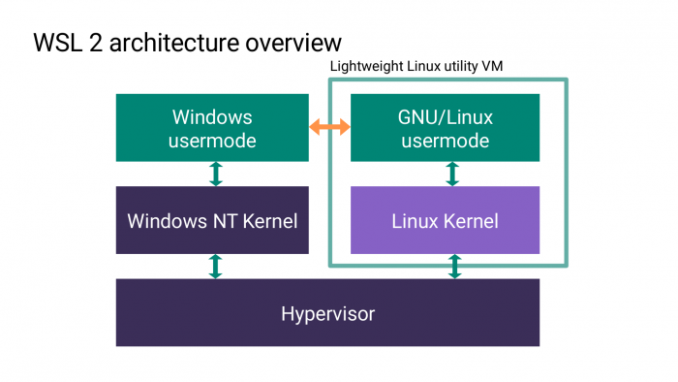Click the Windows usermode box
tap(212, 128)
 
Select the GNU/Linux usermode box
tap(445, 128)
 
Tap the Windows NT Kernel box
tap(212, 220)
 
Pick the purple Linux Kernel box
tap(445, 220)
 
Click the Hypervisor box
tap(327, 313)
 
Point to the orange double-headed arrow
tap(329, 127)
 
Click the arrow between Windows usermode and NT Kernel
tap(216, 174)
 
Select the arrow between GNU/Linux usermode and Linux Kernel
tap(451, 174)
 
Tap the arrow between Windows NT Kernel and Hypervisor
tap(216, 267)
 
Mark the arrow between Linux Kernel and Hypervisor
tap(453, 267)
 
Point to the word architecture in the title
tap(174, 44)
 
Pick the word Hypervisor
tap(327, 313)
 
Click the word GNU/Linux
tap(445, 117)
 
